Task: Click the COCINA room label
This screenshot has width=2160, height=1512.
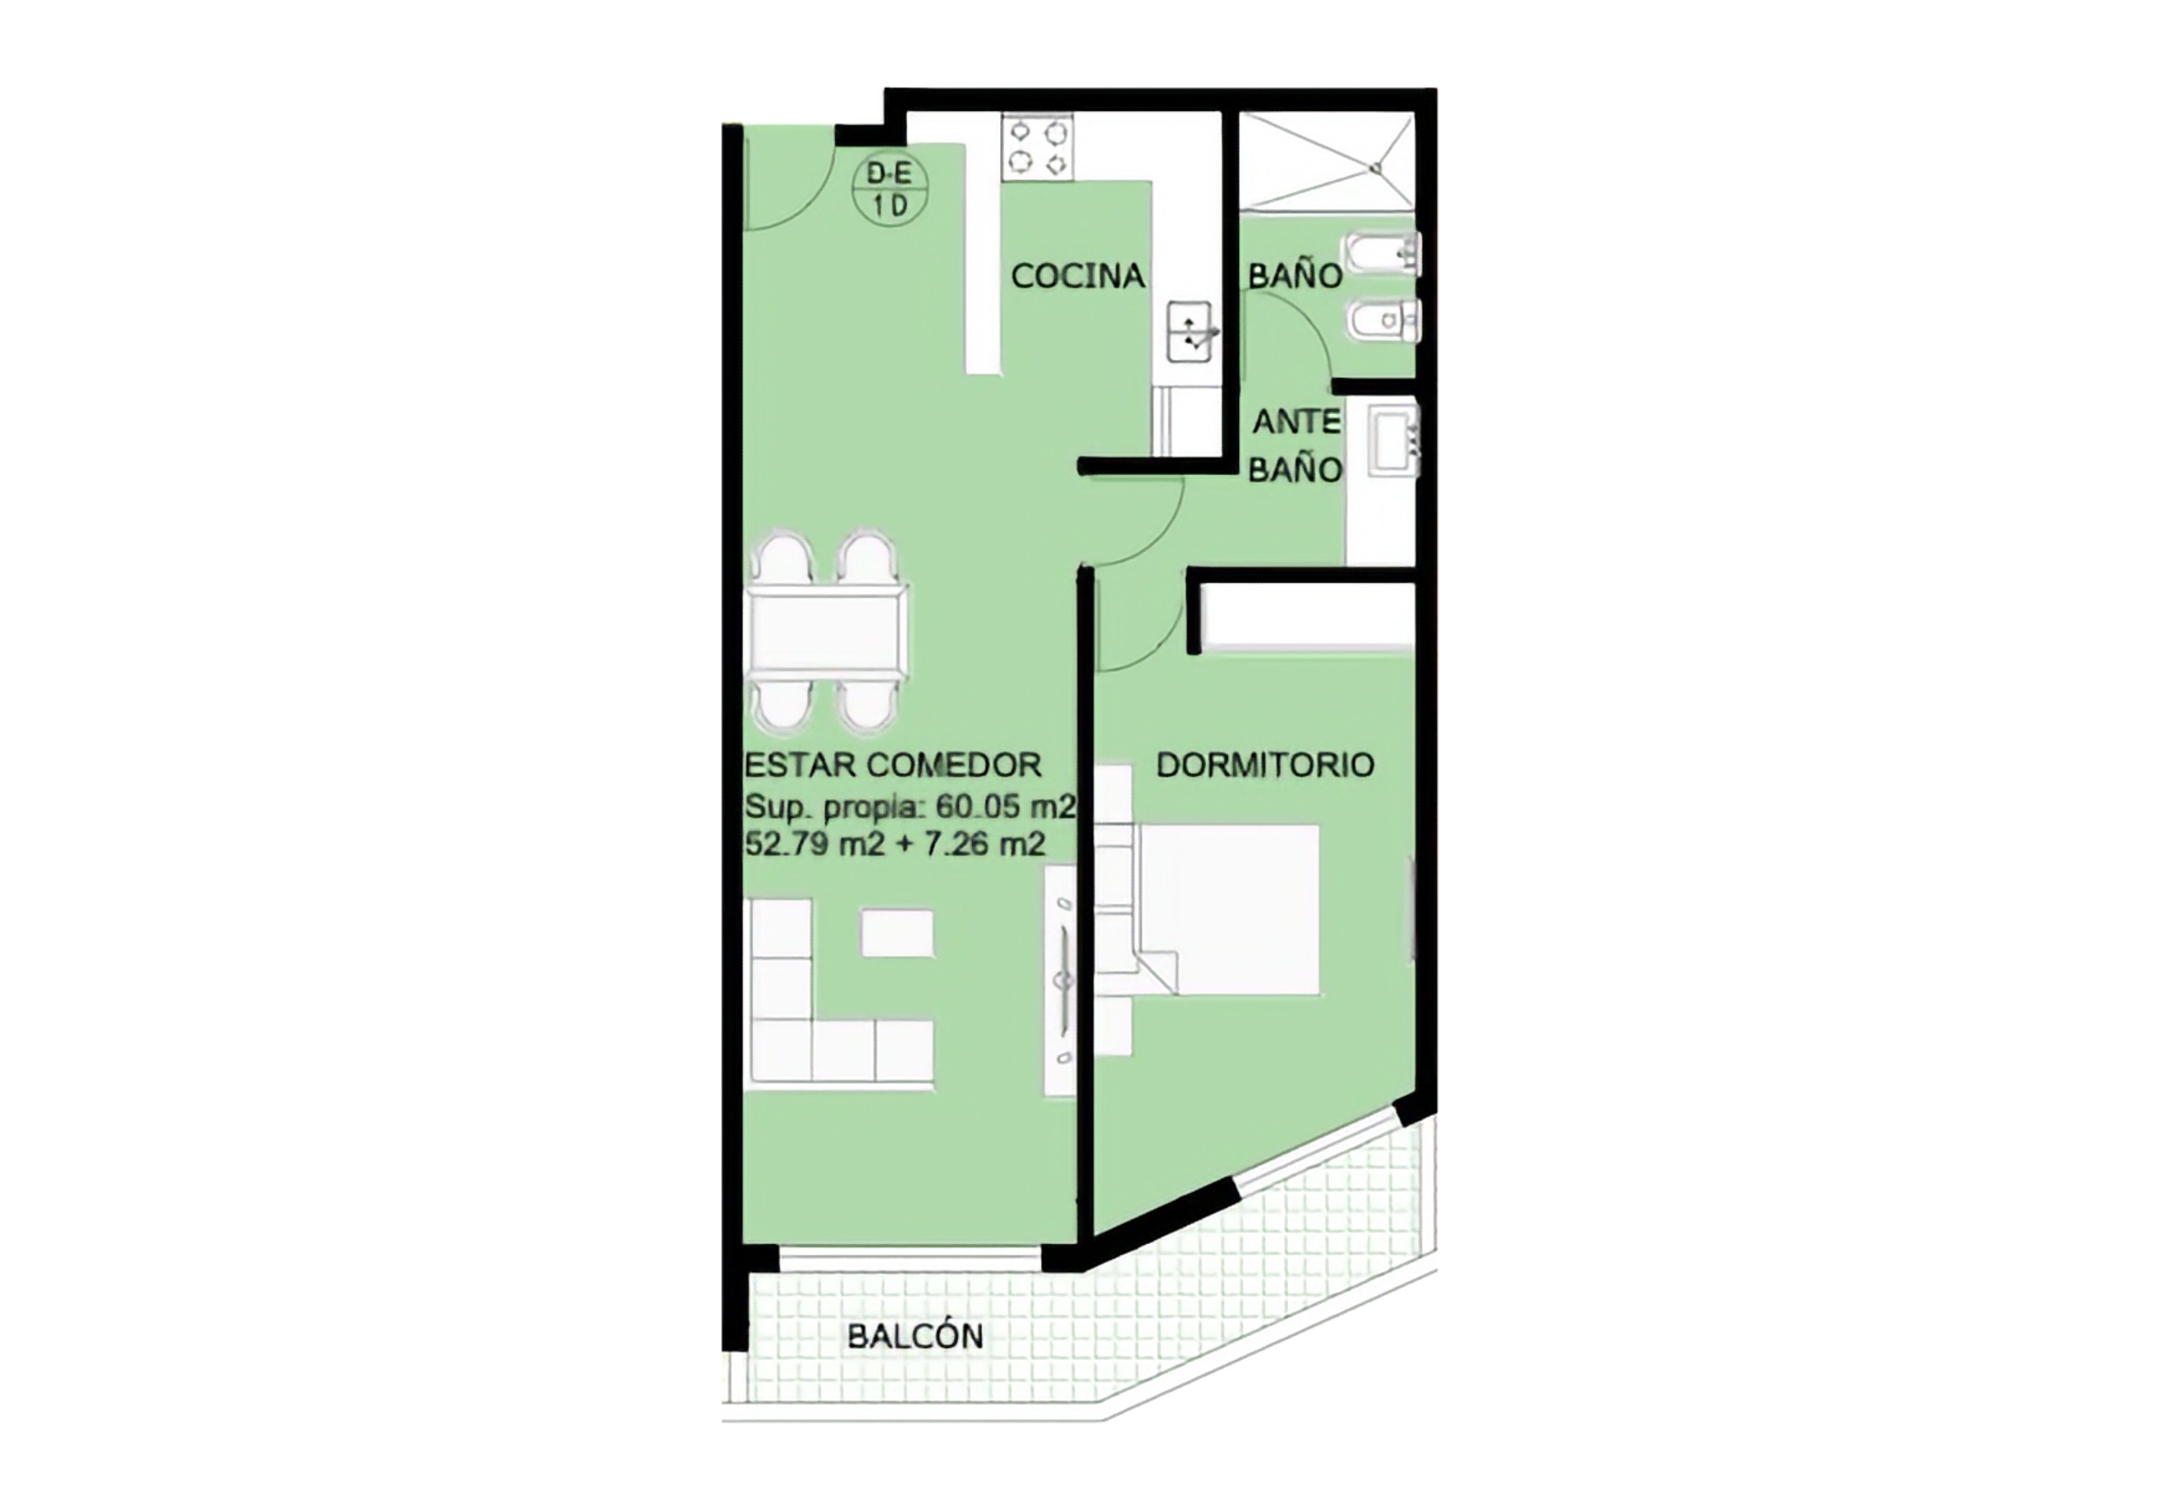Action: (x=1078, y=276)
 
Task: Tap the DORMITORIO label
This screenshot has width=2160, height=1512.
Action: (x=1265, y=765)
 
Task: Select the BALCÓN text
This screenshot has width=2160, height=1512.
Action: (x=915, y=1336)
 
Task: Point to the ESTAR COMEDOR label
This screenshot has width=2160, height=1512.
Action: (x=893, y=765)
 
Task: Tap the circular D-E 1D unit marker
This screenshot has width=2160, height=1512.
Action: (x=890, y=190)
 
